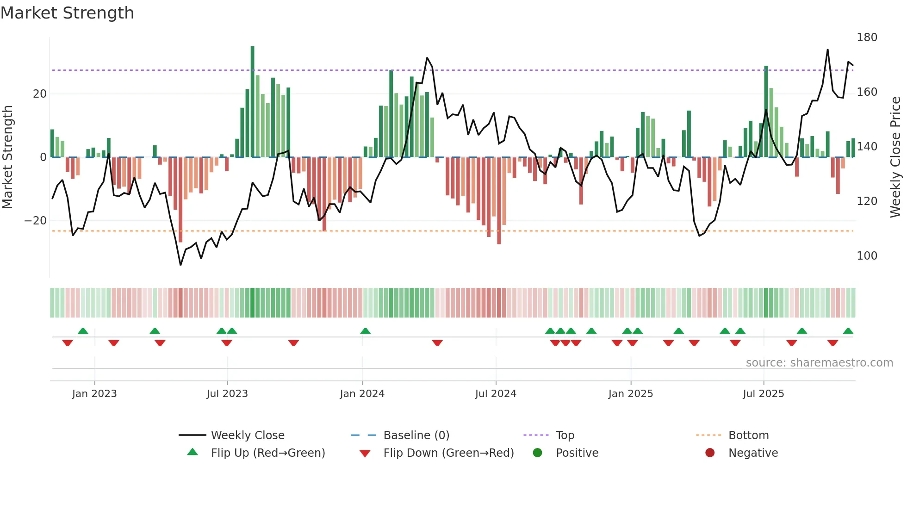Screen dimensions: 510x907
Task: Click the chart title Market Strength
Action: (x=67, y=13)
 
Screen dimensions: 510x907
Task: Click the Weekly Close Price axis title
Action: (x=895, y=157)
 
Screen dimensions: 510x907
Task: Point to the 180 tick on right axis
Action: (x=866, y=37)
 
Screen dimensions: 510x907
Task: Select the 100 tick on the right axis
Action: (x=866, y=256)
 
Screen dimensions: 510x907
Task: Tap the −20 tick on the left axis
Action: (x=36, y=221)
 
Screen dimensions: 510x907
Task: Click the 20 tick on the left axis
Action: (x=40, y=94)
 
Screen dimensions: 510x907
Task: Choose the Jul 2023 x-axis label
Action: (x=227, y=394)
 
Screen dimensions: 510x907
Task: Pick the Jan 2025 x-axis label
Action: (x=630, y=394)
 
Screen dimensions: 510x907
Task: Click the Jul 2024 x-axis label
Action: (x=496, y=394)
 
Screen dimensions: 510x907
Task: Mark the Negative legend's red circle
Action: (x=710, y=453)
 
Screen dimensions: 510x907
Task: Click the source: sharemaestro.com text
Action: (x=819, y=363)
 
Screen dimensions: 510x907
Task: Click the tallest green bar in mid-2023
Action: (x=252, y=102)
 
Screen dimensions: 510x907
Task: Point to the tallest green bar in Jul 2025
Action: (x=766, y=111)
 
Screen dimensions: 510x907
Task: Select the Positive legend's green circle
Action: (x=537, y=453)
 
